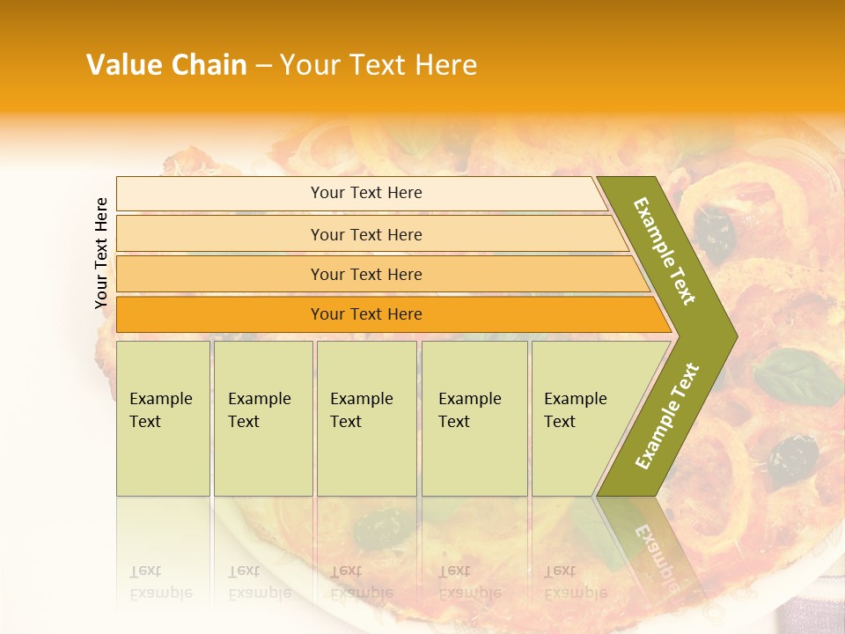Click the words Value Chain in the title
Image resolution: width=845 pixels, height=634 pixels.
[166, 65]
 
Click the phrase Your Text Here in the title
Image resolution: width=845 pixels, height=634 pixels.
[378, 65]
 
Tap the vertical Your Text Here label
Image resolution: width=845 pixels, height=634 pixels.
[101, 253]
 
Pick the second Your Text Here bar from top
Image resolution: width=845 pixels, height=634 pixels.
[366, 234]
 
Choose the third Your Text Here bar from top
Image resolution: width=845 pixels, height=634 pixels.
[366, 274]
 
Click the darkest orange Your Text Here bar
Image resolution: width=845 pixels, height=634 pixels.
[366, 314]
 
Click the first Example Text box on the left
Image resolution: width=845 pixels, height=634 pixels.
[163, 417]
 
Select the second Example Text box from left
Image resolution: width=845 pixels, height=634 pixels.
[262, 417]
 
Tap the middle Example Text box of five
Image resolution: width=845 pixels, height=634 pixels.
[366, 417]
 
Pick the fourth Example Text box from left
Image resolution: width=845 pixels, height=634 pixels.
[474, 417]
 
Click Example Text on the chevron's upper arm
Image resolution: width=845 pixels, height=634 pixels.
[665, 251]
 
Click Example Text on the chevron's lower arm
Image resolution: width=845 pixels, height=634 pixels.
[667, 416]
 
